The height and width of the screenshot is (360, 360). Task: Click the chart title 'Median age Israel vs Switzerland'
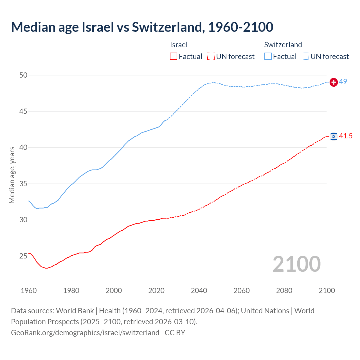(142, 27)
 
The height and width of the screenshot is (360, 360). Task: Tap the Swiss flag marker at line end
(334, 82)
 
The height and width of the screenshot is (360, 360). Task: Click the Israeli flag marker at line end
(334, 136)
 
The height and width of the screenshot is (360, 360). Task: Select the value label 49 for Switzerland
(343, 82)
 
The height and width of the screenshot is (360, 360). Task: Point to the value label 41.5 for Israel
(346, 136)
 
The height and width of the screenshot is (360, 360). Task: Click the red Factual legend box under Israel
(174, 57)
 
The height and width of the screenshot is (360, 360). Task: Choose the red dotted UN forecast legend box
(211, 57)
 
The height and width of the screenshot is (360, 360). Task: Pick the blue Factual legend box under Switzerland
(268, 57)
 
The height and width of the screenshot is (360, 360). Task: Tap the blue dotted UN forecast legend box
(305, 57)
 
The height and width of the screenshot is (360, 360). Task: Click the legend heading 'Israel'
(179, 45)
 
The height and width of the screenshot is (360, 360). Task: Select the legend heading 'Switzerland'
(283, 45)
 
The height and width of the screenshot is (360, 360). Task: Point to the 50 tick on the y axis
(23, 75)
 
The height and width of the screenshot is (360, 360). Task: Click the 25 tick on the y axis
(23, 256)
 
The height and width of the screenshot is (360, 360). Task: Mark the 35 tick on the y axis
(23, 184)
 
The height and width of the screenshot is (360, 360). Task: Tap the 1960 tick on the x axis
(29, 291)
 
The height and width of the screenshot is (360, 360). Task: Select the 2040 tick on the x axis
(199, 291)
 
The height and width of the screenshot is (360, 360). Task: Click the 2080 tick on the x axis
(284, 291)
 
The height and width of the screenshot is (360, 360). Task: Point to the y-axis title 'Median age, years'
(12, 175)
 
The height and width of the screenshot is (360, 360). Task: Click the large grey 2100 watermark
(296, 264)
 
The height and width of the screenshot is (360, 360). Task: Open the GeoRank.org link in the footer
(85, 333)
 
